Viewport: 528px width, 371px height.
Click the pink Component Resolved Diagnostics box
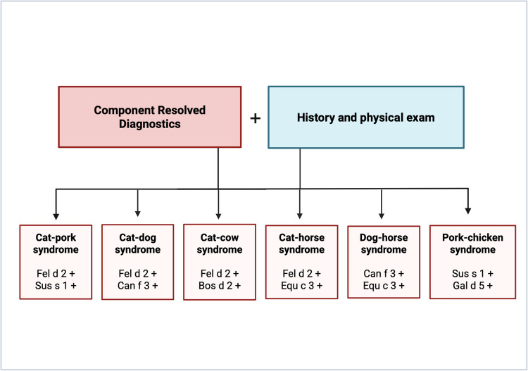click(149, 116)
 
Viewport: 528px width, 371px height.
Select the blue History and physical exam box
click(365, 118)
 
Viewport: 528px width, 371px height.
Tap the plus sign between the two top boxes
click(255, 118)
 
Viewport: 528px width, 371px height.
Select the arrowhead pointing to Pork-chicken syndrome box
click(468, 210)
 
